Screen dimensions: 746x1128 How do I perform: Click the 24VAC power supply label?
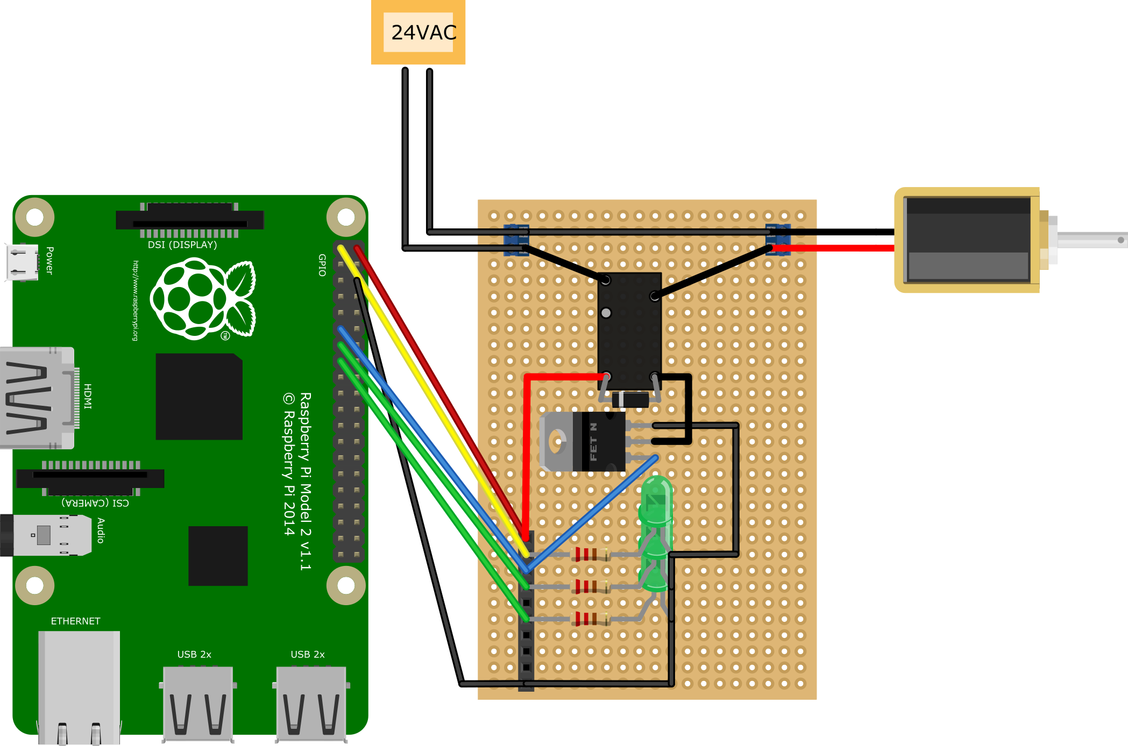click(423, 32)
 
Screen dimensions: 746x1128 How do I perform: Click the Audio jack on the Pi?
click(48, 535)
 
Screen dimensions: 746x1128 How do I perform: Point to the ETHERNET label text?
click(75, 621)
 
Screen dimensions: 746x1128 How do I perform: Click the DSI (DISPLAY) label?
click(182, 245)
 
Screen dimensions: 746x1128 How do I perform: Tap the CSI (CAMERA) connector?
click(90, 478)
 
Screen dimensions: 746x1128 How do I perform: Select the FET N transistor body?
click(602, 441)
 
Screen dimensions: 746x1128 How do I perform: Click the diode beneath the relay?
click(630, 400)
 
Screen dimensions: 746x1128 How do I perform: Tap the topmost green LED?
click(656, 500)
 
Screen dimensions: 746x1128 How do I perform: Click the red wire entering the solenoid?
click(839, 248)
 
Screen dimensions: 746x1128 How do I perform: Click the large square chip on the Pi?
click(199, 397)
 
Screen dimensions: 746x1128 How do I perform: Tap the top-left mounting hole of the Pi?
click(35, 217)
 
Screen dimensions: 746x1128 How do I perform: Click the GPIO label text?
click(322, 265)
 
